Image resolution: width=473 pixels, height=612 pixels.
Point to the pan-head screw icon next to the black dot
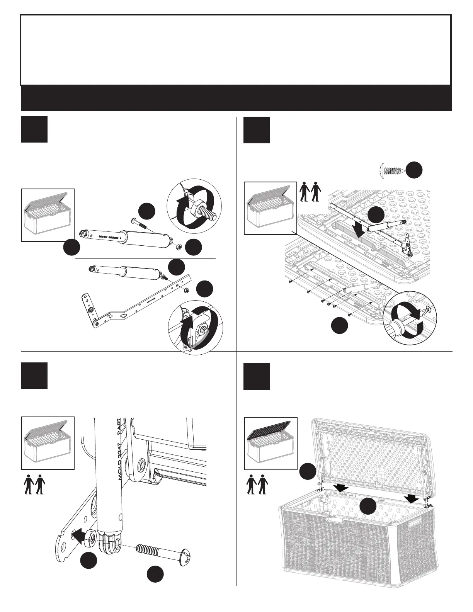point(392,170)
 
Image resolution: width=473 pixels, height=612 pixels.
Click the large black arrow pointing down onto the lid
point(359,233)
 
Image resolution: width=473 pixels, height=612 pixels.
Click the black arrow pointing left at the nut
point(79,536)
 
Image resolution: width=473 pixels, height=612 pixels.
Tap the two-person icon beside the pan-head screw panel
point(310,192)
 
